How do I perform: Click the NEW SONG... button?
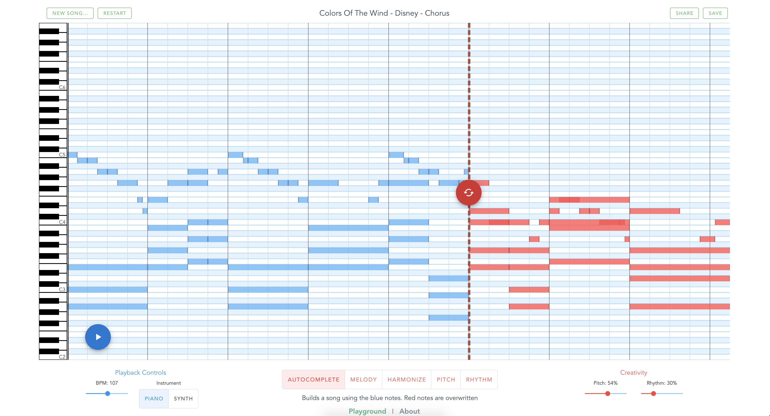(x=70, y=13)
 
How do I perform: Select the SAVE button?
(x=715, y=13)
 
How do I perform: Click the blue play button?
(x=98, y=337)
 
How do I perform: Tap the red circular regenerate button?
(x=468, y=193)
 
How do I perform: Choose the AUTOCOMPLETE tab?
(x=313, y=379)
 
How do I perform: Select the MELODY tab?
(x=363, y=379)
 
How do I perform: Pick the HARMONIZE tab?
(x=406, y=379)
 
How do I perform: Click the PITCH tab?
(x=446, y=379)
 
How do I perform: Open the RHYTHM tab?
(x=479, y=379)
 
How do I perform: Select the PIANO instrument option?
(x=154, y=398)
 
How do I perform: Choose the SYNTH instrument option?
(x=183, y=398)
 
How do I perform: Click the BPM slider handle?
(x=108, y=394)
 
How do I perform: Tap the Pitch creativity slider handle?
(x=607, y=394)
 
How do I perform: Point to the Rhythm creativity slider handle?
(x=654, y=394)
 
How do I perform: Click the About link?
(x=410, y=411)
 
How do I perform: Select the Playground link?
(x=367, y=411)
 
